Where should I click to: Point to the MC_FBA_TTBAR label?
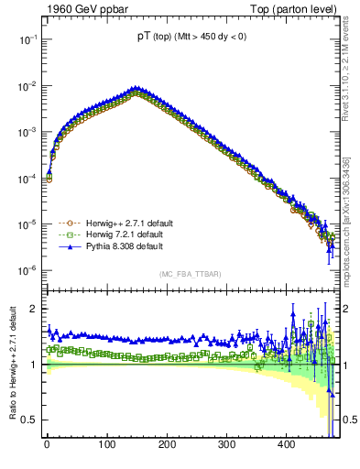click(x=189, y=274)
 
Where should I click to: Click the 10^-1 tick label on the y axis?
click(x=26, y=40)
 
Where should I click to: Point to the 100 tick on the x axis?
click(x=106, y=444)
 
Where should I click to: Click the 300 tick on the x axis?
click(x=226, y=444)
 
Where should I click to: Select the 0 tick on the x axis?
click(x=47, y=444)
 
